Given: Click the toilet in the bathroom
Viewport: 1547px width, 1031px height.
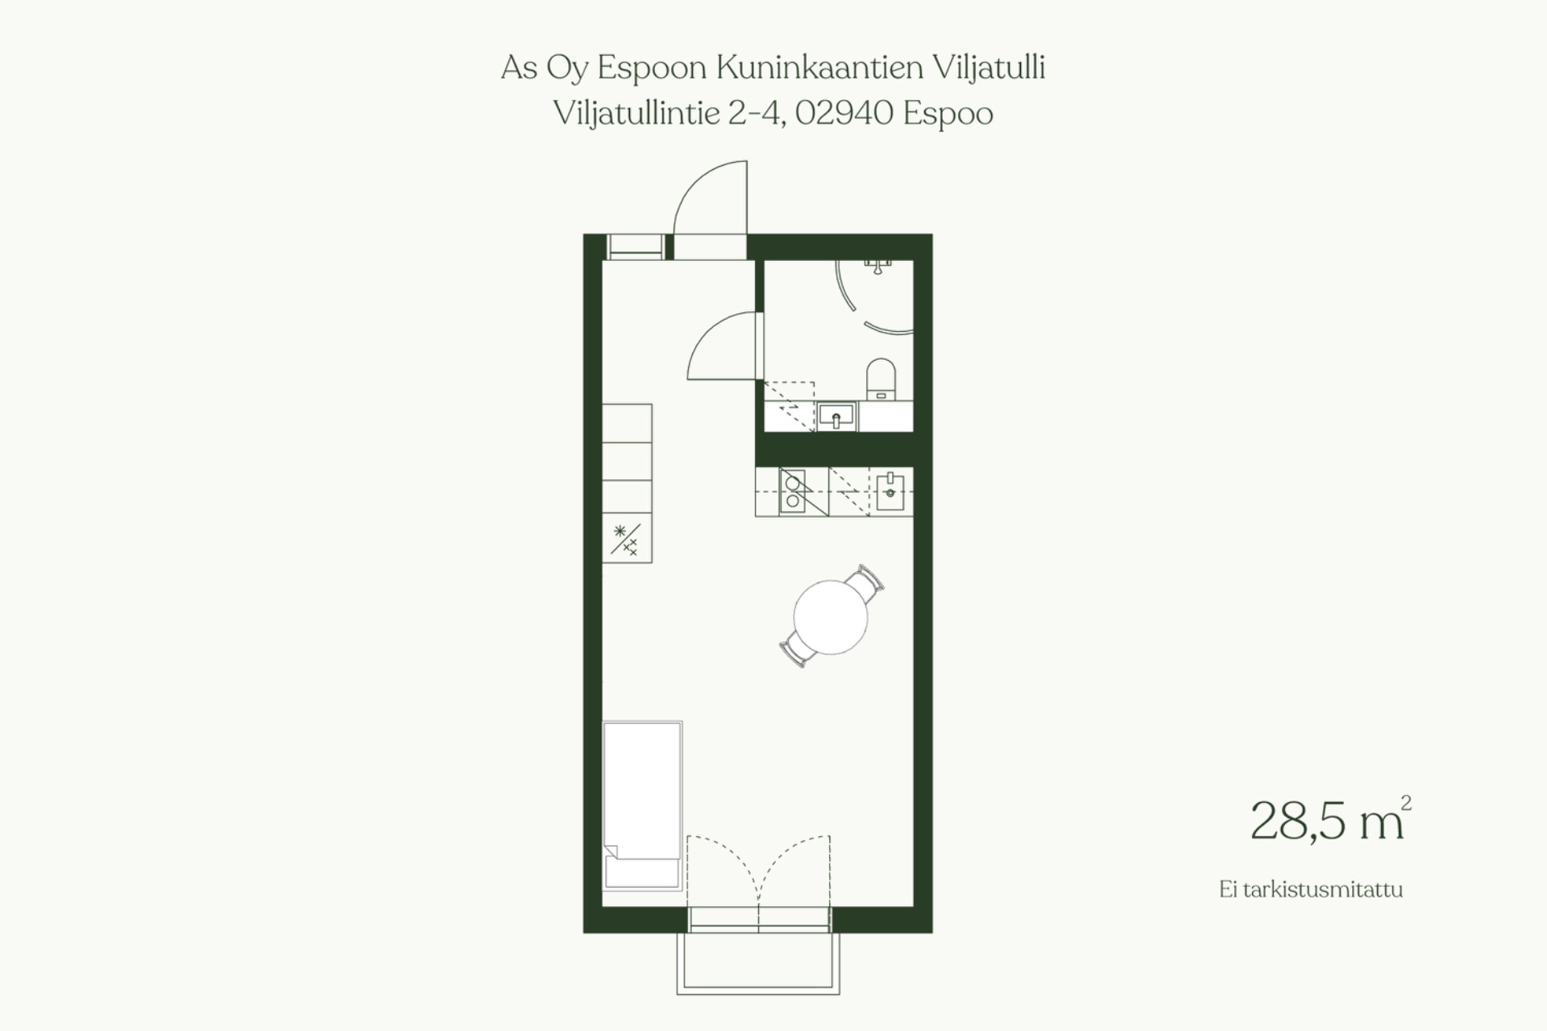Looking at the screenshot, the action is (881, 379).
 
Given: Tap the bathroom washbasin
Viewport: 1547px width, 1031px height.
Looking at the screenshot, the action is (836, 417).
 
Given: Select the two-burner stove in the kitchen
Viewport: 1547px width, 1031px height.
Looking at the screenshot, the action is (793, 491).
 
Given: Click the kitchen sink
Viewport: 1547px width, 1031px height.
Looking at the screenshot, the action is (890, 491).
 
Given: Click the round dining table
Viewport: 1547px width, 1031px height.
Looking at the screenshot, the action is (831, 617).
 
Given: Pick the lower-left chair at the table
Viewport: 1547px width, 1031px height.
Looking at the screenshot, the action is (796, 649).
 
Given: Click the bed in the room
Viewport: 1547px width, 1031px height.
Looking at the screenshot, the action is (642, 805).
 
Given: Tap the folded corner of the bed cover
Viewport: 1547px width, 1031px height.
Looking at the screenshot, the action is (610, 851).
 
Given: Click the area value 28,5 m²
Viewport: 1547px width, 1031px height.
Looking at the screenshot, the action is (1330, 820).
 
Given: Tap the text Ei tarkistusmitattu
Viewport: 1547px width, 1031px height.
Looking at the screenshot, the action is (1311, 890).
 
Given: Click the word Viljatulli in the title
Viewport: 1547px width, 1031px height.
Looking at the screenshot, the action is (989, 68).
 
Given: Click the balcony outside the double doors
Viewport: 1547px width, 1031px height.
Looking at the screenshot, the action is (758, 963).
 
